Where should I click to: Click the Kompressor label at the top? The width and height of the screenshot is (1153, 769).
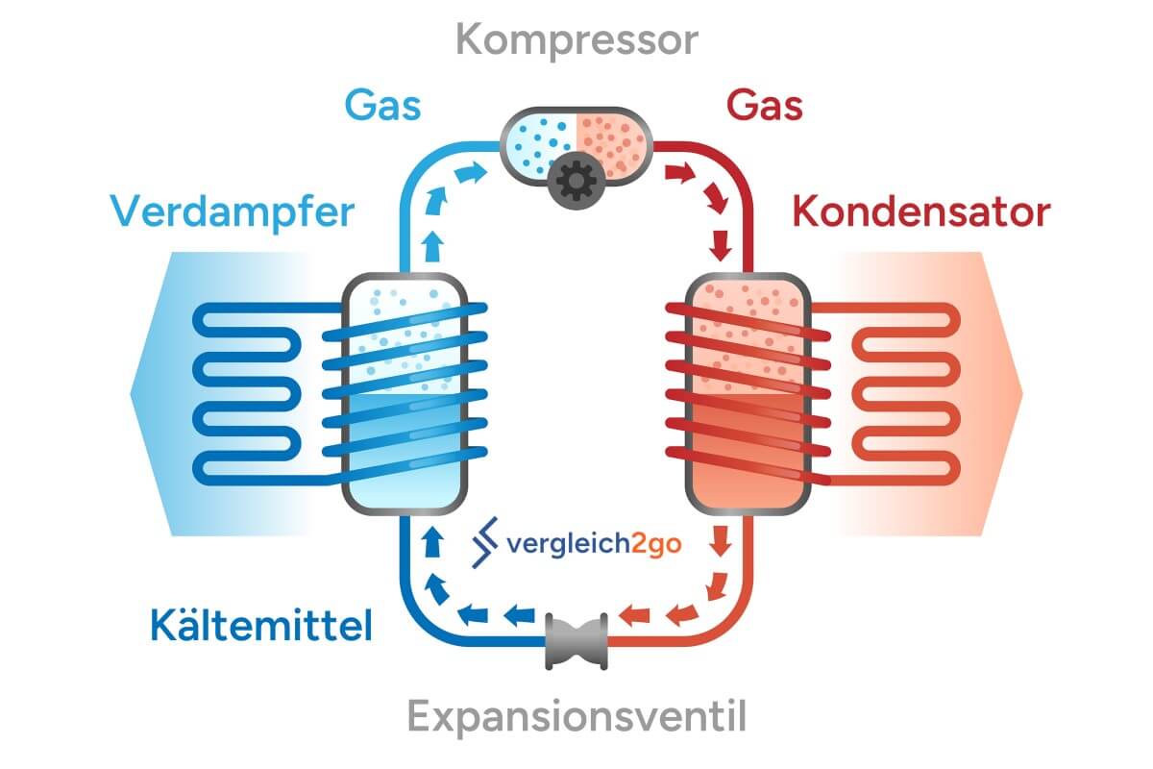tap(576, 41)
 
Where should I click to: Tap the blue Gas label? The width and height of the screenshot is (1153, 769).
tap(383, 105)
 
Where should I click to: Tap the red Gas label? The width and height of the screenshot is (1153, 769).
tap(765, 105)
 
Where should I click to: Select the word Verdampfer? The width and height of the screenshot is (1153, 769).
tap(233, 212)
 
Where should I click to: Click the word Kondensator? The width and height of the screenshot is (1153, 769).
tap(920, 212)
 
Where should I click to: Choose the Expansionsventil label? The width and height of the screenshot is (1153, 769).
tap(576, 717)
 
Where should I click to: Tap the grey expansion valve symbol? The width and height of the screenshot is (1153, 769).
tap(576, 641)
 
